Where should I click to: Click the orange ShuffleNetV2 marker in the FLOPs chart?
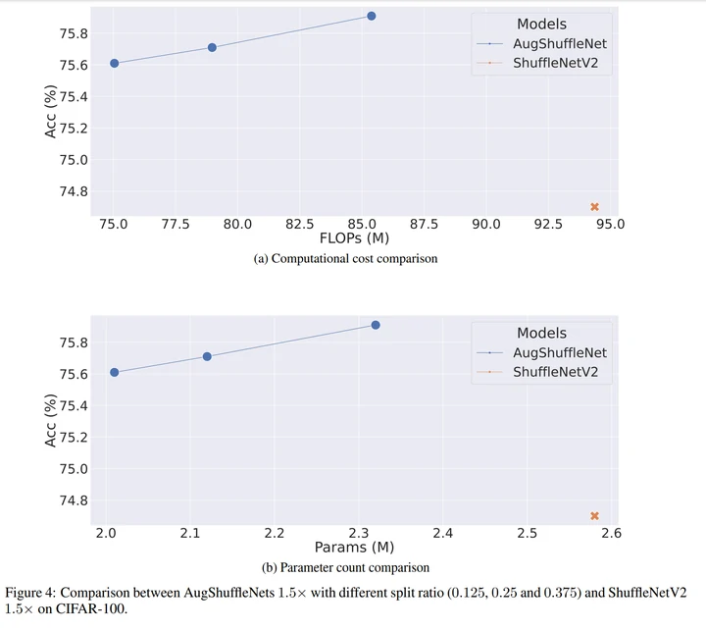tap(594, 207)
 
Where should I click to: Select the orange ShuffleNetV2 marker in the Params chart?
tap(594, 516)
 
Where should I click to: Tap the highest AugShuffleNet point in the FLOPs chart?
tap(372, 16)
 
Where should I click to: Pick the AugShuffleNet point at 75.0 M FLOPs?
tap(114, 63)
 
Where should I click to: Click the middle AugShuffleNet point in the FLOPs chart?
tap(212, 47)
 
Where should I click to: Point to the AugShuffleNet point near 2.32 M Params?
tap(376, 325)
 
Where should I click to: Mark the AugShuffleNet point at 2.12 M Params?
tap(207, 356)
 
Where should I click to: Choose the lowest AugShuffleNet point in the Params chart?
tap(114, 372)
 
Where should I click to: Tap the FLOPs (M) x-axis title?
tap(355, 239)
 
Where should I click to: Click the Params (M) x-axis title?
tap(354, 548)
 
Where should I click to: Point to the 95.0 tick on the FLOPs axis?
tap(611, 224)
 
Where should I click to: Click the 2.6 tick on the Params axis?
tap(611, 533)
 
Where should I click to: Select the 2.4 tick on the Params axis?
tap(443, 533)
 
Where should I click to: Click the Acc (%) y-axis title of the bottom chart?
tap(51, 420)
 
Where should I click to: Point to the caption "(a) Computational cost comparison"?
tap(345, 259)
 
